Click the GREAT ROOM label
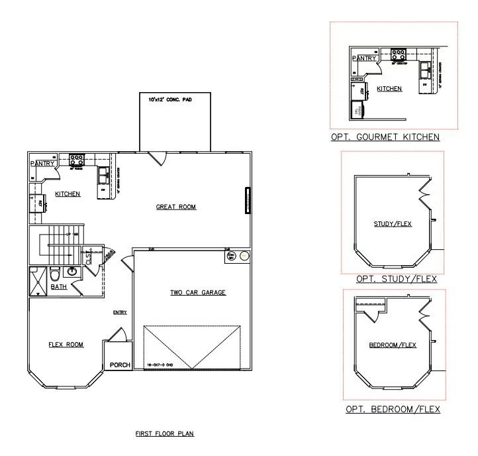point(177,207)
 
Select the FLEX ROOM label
point(66,344)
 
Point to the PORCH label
point(120,365)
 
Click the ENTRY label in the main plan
point(120,312)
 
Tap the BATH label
point(59,287)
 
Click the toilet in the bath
point(56,273)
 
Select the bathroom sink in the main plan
point(72,271)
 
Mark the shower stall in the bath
point(36,279)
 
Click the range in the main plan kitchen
point(77,159)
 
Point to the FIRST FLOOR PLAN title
point(164,434)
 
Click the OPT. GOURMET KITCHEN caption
point(385,137)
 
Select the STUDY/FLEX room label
point(393,224)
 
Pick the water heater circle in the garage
point(244,256)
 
